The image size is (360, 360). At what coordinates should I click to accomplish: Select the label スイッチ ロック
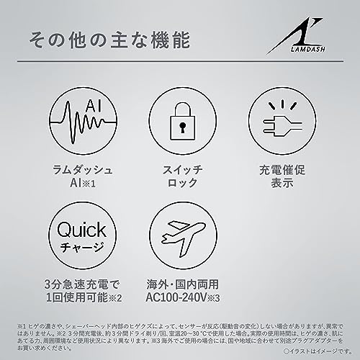(180, 180)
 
